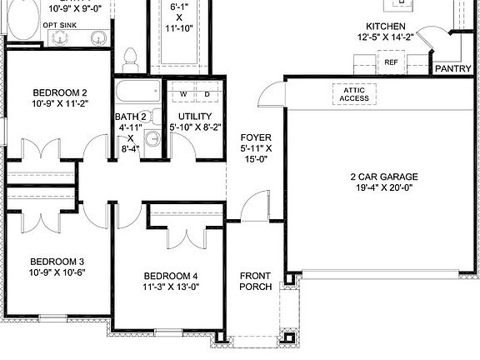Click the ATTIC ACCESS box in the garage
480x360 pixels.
(x=354, y=94)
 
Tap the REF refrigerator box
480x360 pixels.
(x=391, y=62)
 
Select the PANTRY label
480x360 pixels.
(x=453, y=69)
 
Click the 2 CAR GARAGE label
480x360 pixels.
(x=383, y=177)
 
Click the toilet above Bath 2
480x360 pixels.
(x=129, y=59)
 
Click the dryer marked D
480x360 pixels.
(x=207, y=94)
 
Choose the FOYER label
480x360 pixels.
(x=256, y=137)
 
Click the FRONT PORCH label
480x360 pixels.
(x=256, y=281)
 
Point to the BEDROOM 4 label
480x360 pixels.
(x=171, y=276)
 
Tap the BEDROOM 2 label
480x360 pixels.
(x=60, y=92)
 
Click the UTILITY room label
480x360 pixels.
(x=195, y=116)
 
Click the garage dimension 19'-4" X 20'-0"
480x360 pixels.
(x=383, y=187)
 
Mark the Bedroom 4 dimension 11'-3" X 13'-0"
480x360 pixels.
(x=171, y=287)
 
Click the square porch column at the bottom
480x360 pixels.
(x=290, y=339)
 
